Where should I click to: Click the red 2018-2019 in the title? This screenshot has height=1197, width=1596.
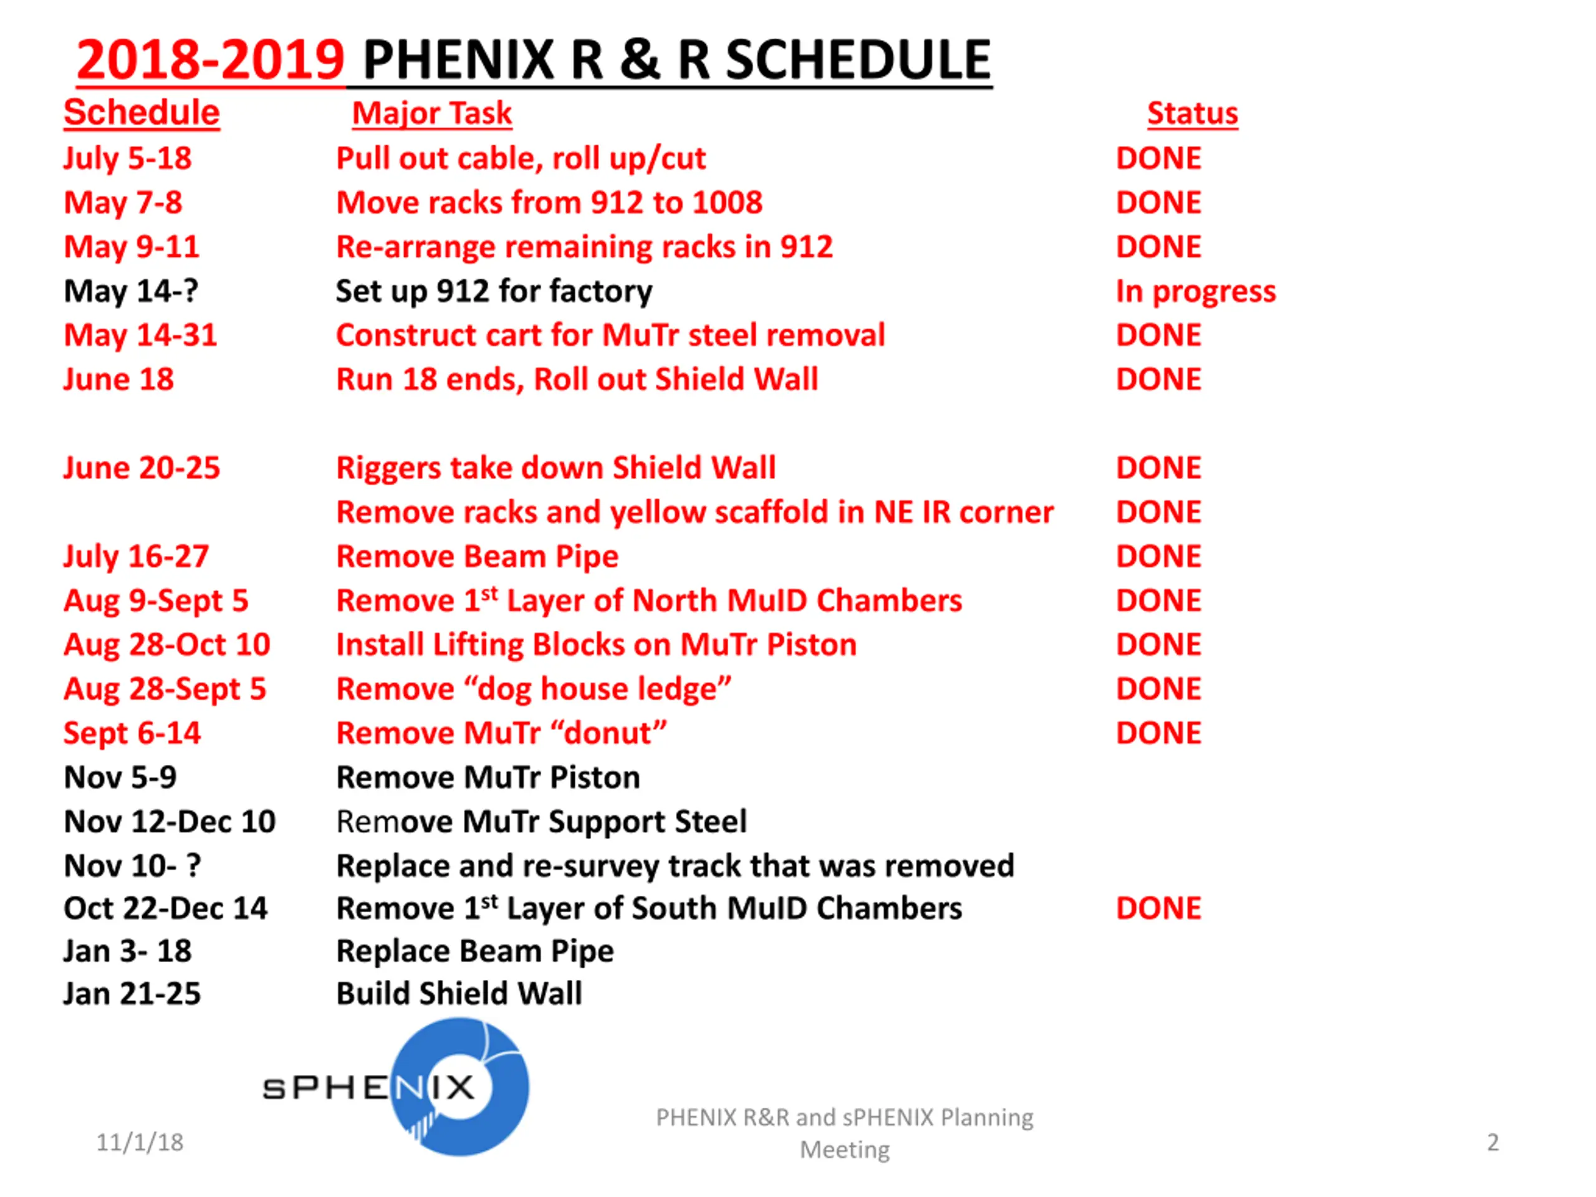(210, 60)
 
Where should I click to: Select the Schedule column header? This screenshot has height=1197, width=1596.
(142, 113)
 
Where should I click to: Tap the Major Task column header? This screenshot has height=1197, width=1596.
(431, 113)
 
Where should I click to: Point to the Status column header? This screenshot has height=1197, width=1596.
(1192, 113)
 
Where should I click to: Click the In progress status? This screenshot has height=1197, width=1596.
(1196, 292)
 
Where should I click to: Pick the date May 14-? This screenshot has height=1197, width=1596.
(130, 292)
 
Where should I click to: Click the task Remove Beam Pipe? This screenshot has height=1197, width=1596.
(477, 556)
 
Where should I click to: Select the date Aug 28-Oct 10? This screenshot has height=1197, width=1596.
(166, 644)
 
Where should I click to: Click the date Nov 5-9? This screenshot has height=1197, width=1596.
(120, 777)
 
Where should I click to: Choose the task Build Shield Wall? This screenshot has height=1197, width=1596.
(459, 994)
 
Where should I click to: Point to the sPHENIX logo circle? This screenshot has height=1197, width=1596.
(459, 1087)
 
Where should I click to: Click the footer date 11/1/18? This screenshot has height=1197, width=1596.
(140, 1142)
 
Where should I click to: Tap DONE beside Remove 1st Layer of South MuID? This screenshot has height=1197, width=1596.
(1158, 908)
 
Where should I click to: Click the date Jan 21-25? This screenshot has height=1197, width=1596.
(132, 994)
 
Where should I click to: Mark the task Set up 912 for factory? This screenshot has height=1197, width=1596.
(494, 292)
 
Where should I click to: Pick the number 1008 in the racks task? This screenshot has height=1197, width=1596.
(725, 203)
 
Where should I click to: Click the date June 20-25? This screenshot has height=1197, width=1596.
(142, 468)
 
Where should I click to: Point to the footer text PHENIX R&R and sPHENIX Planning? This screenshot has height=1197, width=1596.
(844, 1118)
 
